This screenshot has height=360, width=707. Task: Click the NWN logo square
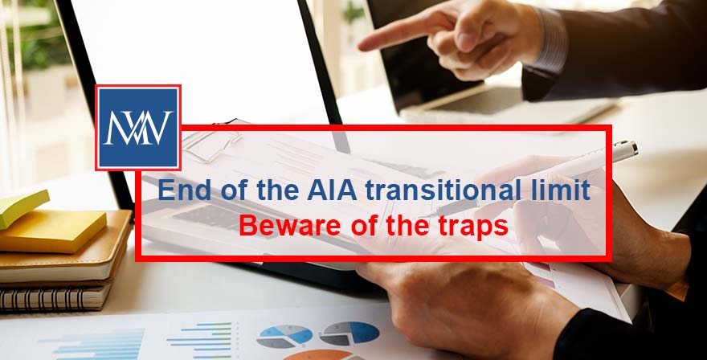tap(138, 127)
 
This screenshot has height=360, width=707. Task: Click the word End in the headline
tap(179, 191)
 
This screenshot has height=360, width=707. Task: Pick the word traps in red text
tap(475, 227)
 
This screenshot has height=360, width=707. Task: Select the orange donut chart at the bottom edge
tap(317, 354)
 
